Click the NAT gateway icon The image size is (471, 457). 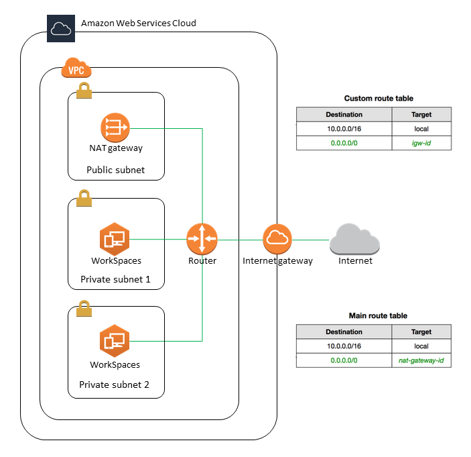pos(115,128)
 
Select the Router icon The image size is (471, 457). pos(202,239)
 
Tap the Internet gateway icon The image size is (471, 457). pos(277,239)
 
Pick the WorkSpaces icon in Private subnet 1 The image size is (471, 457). pos(114,238)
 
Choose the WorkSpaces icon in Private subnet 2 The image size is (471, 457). pos(114,341)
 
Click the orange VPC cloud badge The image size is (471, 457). pos(76,68)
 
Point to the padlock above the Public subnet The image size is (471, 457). pos(84,91)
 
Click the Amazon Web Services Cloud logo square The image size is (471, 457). pos(60,28)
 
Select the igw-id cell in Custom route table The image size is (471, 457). pos(421,142)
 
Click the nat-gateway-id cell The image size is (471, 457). pos(421,360)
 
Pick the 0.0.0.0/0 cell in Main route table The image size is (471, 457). pos(344,360)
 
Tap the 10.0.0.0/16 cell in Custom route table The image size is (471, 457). pos(344,128)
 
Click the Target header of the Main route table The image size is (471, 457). pos(421,332)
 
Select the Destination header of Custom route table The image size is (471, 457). pos(344,114)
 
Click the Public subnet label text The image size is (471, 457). pos(115,170)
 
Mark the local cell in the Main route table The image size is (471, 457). pos(421,346)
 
